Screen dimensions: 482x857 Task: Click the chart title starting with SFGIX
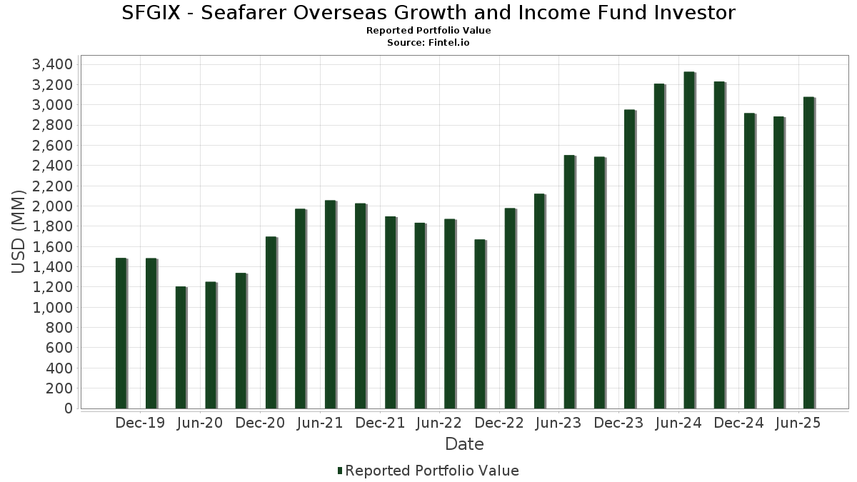point(428,13)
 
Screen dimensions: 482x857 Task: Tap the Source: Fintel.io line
point(428,43)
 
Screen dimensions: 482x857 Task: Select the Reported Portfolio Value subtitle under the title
point(428,31)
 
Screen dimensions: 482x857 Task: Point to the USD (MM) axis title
point(19,232)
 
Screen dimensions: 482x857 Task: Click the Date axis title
point(464,444)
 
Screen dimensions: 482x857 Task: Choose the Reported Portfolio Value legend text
point(432,471)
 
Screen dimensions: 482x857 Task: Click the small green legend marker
point(340,471)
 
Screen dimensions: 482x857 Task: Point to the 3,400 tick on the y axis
point(53,65)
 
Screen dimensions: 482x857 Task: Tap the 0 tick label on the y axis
point(69,408)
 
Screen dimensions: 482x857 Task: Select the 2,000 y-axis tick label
point(53,206)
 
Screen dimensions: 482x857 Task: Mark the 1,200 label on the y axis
point(53,287)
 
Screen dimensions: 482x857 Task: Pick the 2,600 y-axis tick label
point(53,146)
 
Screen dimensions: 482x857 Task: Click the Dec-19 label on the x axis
point(140,423)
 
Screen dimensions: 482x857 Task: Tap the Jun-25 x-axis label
point(798,423)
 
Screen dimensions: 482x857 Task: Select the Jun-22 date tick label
point(438,423)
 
